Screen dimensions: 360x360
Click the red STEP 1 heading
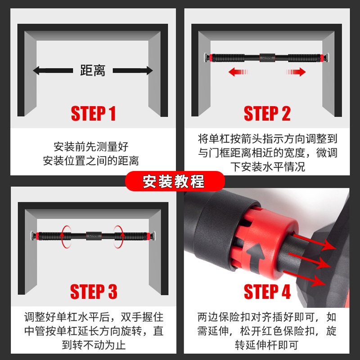coord(93,113)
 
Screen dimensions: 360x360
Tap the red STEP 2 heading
coord(267,113)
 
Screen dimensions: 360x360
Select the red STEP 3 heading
coord(94,292)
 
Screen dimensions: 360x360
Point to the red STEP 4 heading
coord(267,292)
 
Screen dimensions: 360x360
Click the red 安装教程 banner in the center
coord(175,181)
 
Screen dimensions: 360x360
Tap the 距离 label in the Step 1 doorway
coord(93,70)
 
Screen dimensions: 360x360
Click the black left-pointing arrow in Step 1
coord(53,71)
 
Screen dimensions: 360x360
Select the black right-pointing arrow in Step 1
coord(133,71)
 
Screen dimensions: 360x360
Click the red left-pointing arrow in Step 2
coord(238,72)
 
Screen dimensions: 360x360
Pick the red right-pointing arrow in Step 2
coord(296,72)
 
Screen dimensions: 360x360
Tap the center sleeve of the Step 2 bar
coord(267,58)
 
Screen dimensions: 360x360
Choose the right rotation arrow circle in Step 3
coord(119,237)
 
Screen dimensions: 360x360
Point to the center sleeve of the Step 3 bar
coord(94,236)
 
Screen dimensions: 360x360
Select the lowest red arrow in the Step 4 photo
coord(304,278)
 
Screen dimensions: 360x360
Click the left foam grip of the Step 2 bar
coord(228,58)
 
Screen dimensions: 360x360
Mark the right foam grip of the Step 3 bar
coord(130,236)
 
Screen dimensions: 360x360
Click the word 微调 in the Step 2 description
coord(327,153)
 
